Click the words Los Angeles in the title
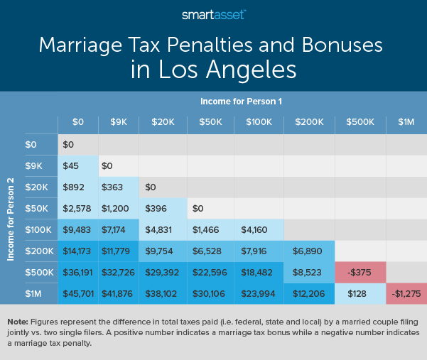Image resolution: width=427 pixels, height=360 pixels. [x=212, y=70]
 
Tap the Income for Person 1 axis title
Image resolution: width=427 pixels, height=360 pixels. [x=242, y=102]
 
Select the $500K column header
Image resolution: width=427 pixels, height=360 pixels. [x=360, y=121]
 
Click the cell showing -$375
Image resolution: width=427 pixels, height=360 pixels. [x=360, y=273]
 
